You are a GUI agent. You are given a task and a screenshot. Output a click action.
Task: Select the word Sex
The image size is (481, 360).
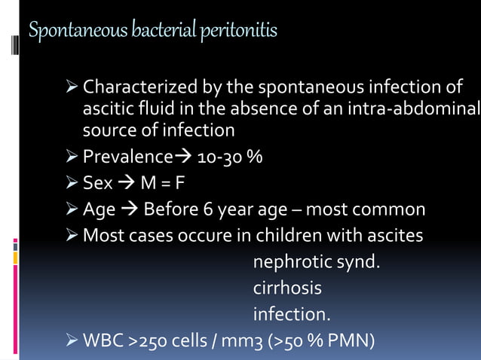[97, 183]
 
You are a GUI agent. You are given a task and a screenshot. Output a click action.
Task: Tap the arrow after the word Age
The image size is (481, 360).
[129, 209]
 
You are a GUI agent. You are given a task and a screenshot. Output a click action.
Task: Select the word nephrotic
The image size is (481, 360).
[291, 262]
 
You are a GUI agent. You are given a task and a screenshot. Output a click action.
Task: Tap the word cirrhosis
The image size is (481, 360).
[287, 288]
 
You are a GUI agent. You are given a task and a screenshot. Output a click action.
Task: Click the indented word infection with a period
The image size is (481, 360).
[291, 313]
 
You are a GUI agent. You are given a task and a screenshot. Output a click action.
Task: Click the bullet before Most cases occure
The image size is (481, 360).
[72, 236]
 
